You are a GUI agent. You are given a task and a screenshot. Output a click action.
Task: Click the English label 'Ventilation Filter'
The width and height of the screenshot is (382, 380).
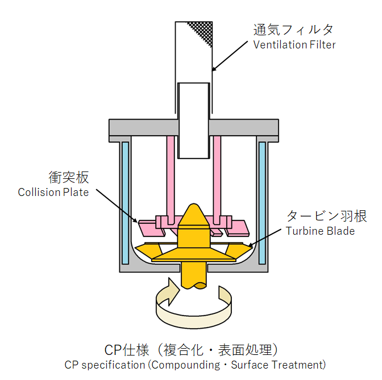point(294,44)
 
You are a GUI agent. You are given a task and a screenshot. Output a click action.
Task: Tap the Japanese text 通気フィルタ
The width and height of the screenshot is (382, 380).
point(293,30)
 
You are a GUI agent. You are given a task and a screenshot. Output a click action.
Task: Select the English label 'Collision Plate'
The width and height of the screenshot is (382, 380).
point(53,192)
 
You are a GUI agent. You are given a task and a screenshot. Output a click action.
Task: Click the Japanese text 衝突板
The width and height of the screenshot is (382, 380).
point(69,177)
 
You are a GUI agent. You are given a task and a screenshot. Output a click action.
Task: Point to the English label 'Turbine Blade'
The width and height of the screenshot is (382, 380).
point(320,231)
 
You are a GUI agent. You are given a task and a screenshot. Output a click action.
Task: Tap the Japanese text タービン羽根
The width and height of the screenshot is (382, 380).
point(326,216)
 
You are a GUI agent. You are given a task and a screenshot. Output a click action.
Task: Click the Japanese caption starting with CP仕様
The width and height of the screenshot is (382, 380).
point(191,350)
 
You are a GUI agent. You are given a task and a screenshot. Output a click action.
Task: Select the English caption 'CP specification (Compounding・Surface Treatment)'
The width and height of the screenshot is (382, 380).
point(195,365)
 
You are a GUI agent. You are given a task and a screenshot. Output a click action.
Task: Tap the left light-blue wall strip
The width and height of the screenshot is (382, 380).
point(126,203)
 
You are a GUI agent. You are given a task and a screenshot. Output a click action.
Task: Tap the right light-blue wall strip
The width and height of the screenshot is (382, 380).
point(263,203)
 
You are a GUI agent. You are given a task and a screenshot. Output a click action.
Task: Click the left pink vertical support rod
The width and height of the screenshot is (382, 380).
point(171,180)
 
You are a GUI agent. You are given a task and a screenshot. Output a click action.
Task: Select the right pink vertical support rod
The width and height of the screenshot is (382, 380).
point(217,180)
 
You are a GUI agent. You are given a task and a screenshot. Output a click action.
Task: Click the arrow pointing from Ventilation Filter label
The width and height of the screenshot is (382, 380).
point(230,56)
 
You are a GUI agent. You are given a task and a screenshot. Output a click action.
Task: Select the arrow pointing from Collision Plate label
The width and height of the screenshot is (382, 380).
point(117,206)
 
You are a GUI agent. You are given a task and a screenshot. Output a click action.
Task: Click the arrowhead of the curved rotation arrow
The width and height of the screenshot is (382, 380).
point(173,291)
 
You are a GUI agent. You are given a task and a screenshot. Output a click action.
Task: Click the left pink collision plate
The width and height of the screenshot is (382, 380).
point(152,228)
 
